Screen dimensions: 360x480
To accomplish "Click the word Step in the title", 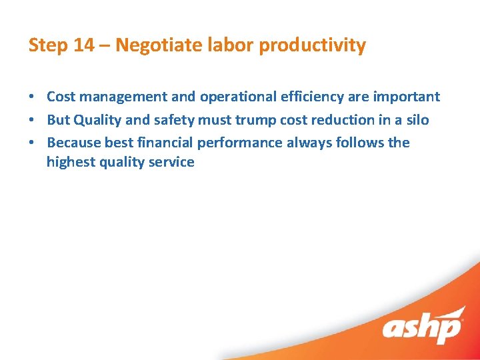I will point(47,45).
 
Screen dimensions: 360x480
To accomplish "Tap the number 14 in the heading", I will point(83,45).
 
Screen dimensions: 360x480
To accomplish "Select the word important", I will point(407,97).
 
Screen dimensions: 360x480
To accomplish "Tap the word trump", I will point(252,120).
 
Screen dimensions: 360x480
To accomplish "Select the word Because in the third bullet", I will point(74,143).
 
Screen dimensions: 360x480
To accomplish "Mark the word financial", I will point(163,143).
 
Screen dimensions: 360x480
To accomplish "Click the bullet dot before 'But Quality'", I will point(31,120).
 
